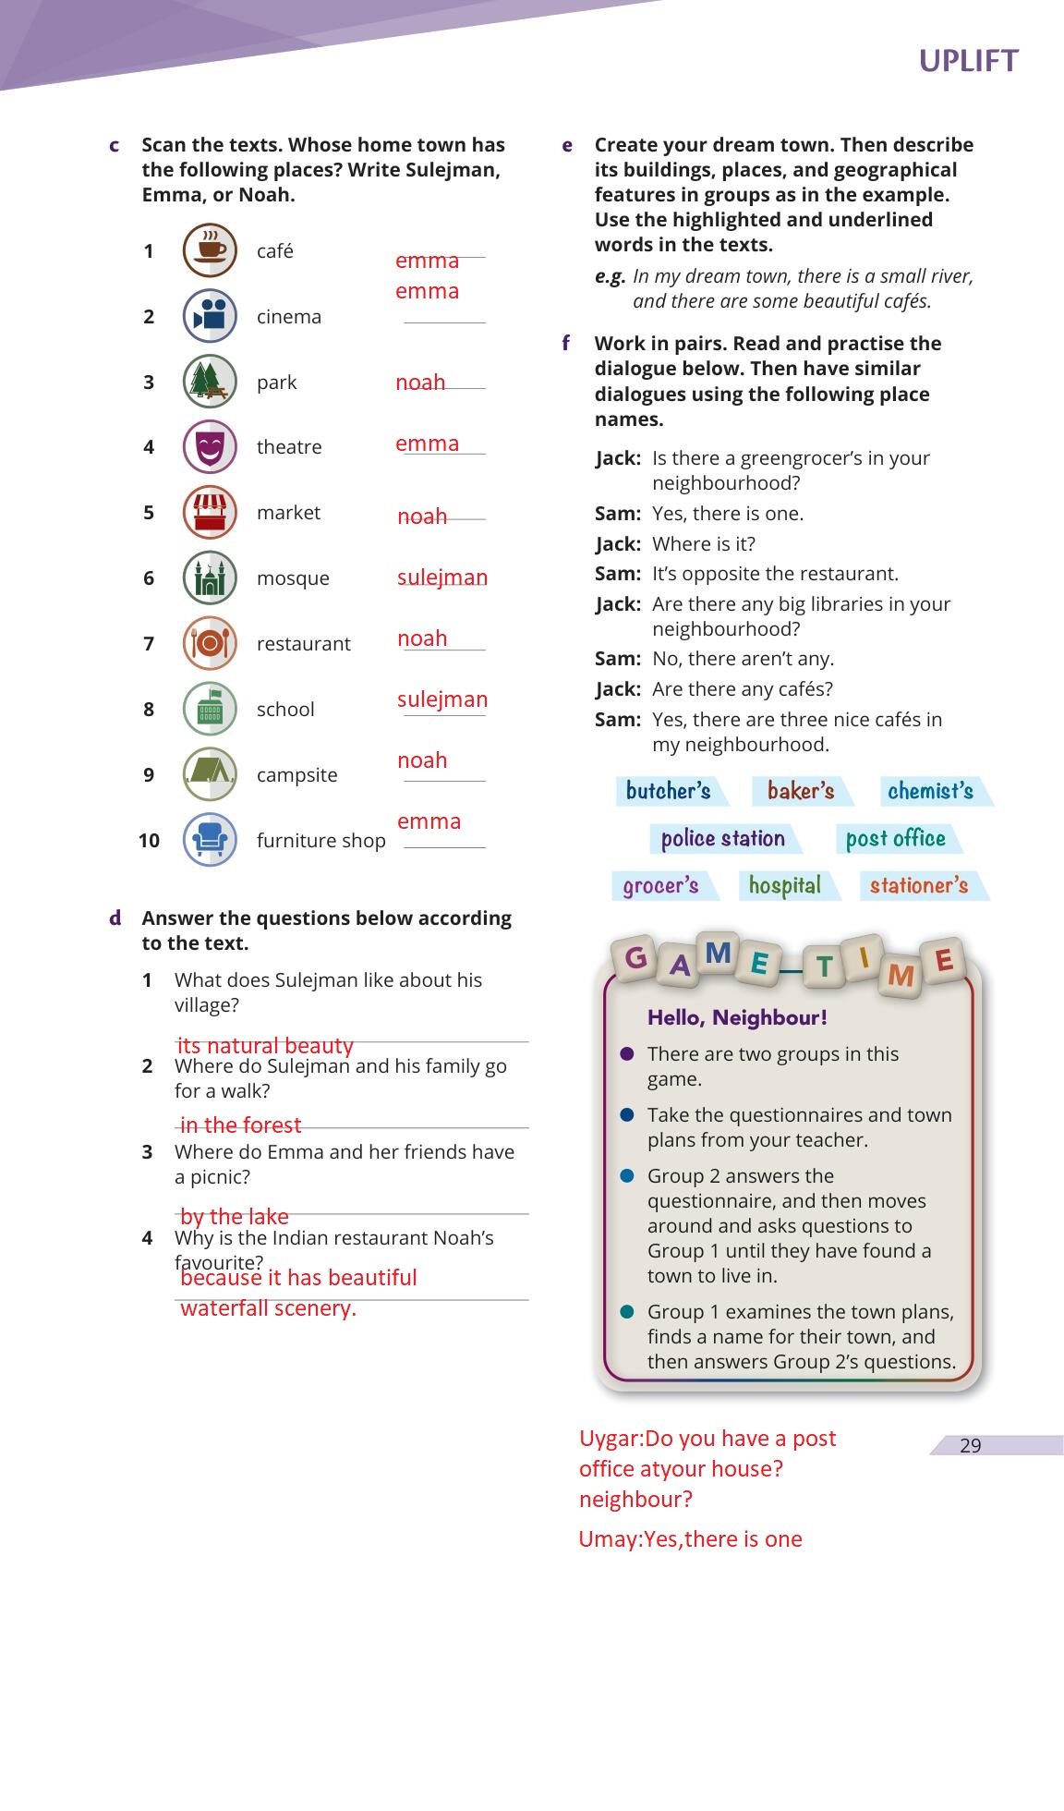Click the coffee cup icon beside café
click(210, 250)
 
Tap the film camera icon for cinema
click(210, 316)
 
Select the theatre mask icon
click(210, 447)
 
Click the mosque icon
click(210, 578)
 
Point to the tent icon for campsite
click(210, 774)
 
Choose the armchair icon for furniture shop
click(210, 840)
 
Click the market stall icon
click(210, 513)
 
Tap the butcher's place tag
click(669, 791)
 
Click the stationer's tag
click(919, 886)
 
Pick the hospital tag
click(785, 886)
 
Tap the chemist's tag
click(930, 791)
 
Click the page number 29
click(970, 1446)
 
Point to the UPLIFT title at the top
click(968, 61)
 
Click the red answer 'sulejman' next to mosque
click(442, 577)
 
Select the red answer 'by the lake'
click(235, 1217)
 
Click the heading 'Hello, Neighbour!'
click(737, 1018)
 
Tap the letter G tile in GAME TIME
click(636, 958)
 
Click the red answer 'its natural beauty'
click(265, 1046)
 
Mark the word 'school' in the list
click(285, 710)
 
